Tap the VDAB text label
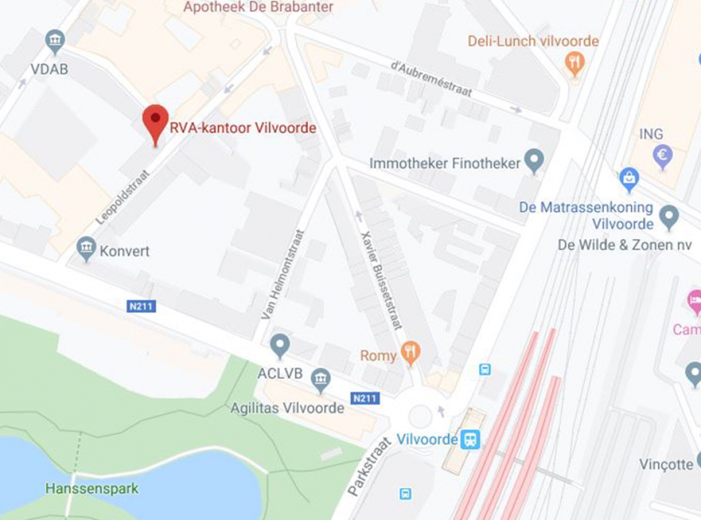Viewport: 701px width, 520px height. pos(49,69)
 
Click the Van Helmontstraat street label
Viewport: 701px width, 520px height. pos(282,274)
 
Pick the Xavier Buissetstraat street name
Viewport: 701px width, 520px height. pos(381,279)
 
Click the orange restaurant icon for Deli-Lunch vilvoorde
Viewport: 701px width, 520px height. pos(574,63)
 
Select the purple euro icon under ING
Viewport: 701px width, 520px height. pos(662,155)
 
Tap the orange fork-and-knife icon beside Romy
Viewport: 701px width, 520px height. pos(410,353)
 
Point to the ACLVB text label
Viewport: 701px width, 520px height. pos(280,374)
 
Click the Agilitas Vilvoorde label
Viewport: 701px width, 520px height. pos(287,408)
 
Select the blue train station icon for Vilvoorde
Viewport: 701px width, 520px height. pos(470,439)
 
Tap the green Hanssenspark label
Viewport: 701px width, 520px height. pos(92,488)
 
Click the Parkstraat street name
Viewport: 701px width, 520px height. pos(369,467)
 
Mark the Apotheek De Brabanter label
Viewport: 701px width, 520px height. pos(258,8)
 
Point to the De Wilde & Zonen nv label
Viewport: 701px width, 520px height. pos(625,245)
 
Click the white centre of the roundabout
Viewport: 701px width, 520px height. pos(420,416)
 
